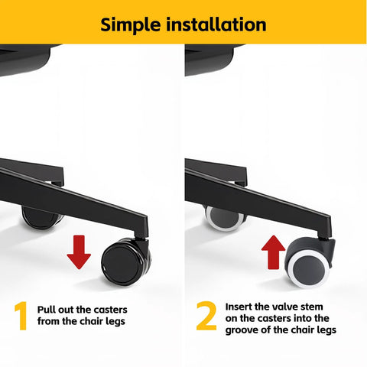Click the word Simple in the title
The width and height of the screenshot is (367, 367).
point(131,25)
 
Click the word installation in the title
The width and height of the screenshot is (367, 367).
point(216,24)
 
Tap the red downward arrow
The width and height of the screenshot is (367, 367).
point(79,252)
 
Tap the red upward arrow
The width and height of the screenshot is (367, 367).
point(274,252)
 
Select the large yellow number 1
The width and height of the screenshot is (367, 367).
point(21,316)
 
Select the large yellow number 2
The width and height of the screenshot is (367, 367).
point(206,316)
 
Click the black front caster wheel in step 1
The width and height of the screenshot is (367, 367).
point(126,262)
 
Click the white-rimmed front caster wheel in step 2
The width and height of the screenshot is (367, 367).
point(310,263)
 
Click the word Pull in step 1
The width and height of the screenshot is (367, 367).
point(47,310)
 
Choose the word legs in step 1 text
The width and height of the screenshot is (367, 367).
point(115,322)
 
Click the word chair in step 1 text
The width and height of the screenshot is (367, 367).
point(93,321)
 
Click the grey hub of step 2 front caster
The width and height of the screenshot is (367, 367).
point(309,270)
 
